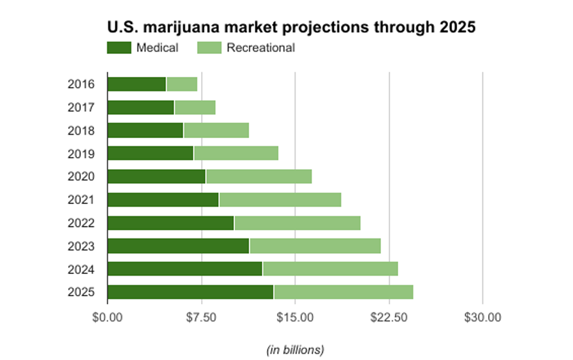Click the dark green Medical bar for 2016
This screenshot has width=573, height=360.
(x=136, y=84)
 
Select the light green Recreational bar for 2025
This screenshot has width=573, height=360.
(x=343, y=292)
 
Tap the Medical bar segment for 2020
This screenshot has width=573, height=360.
(x=156, y=177)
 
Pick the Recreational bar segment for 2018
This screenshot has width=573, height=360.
(x=216, y=131)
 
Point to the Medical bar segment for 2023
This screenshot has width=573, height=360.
(x=178, y=246)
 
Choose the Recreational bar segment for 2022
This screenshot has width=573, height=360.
(x=297, y=223)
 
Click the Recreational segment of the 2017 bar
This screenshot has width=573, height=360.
(x=195, y=107)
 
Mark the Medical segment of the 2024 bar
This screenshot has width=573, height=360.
(x=185, y=269)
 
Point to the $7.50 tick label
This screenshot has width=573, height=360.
(x=201, y=318)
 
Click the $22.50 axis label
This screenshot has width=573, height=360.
(x=389, y=318)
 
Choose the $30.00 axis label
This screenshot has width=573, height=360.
(x=483, y=318)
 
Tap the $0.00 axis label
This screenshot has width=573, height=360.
(x=107, y=318)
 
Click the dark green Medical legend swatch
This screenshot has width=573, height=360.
(x=119, y=48)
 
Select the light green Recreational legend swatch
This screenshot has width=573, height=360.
(x=209, y=48)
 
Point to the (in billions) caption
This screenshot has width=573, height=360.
(x=295, y=349)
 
